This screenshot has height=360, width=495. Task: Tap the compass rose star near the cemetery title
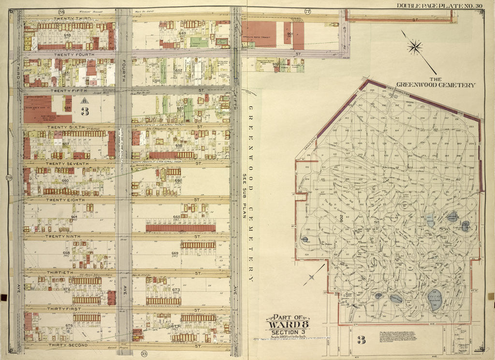click(x=415, y=47)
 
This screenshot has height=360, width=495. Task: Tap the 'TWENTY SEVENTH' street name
click(x=67, y=164)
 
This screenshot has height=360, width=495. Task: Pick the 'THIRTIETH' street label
click(x=60, y=272)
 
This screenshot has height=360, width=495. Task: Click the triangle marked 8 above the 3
click(x=84, y=101)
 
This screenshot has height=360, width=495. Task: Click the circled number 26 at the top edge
click(x=61, y=12)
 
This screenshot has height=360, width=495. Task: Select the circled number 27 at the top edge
click(x=307, y=11)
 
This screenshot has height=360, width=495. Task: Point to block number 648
click(x=67, y=35)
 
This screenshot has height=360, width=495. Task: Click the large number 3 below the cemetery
click(x=361, y=340)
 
